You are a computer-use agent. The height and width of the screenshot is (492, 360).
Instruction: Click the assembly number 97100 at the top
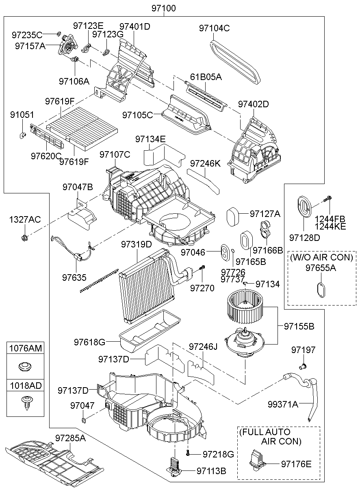164,8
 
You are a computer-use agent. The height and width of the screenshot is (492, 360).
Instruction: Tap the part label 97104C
214,28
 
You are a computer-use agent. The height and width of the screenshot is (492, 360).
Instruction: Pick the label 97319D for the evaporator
136,245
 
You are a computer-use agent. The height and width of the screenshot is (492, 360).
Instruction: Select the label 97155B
299,326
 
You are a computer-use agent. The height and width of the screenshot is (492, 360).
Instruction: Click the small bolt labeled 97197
302,367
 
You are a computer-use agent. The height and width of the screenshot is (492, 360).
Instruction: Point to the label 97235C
27,35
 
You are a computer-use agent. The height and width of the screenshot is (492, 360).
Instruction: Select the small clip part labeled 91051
23,135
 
